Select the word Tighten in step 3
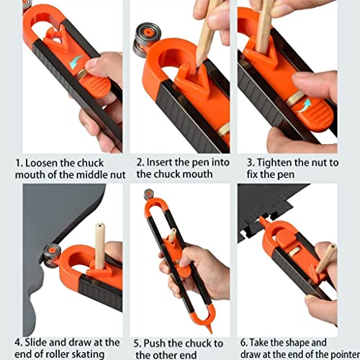[275, 163]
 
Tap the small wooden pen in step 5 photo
[173, 238]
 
